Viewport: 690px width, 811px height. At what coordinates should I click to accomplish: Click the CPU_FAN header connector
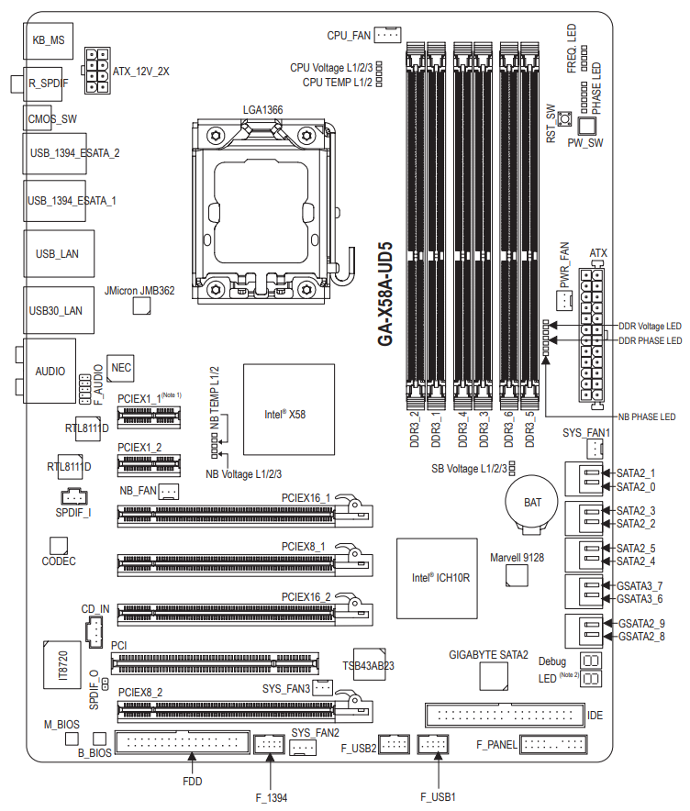388,35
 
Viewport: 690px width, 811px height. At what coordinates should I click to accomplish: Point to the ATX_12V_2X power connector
96,70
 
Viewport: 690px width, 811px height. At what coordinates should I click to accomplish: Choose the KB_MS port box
47,40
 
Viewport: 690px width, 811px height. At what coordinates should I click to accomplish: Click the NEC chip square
120,367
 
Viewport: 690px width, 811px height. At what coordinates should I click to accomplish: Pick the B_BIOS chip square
99,739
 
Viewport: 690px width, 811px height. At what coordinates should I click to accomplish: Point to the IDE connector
503,714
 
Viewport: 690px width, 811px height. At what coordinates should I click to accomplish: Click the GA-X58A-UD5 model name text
385,294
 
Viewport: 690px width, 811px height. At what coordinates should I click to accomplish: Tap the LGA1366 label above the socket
262,110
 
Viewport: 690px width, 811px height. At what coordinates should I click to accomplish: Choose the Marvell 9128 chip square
517,575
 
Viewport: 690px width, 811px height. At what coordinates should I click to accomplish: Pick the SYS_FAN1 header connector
595,449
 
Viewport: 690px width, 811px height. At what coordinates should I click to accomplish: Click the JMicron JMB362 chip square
140,305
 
